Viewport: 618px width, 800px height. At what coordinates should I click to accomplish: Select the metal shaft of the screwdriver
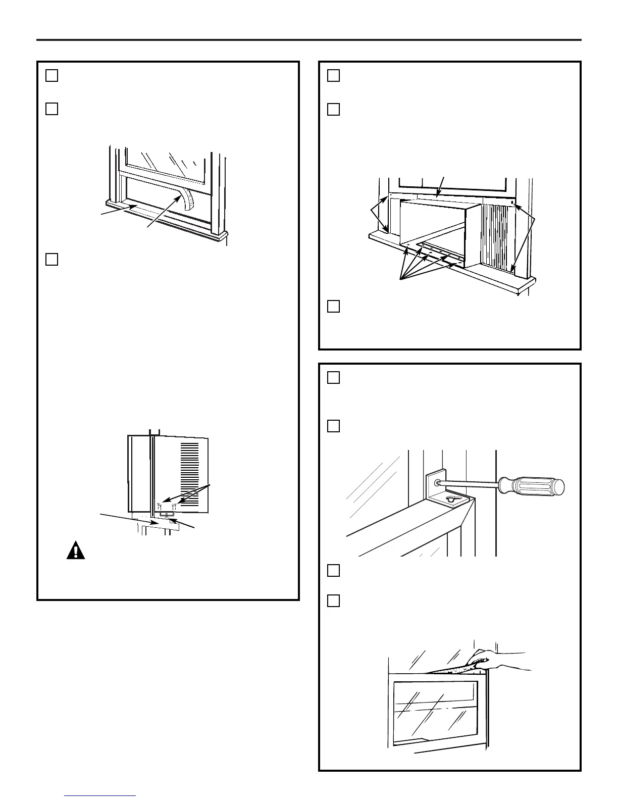pyautogui.click(x=470, y=484)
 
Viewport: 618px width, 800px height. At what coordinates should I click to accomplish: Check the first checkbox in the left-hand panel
pyautogui.click(x=51, y=75)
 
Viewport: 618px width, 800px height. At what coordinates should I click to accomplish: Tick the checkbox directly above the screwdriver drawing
pyautogui.click(x=333, y=426)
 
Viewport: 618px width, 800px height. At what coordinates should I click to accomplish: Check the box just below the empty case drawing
pyautogui.click(x=333, y=306)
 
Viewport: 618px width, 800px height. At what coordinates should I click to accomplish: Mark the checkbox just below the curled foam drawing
pyautogui.click(x=51, y=259)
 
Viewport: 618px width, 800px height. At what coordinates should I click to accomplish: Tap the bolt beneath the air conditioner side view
pyautogui.click(x=167, y=516)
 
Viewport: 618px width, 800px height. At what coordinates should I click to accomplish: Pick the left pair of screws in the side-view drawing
pyautogui.click(x=160, y=505)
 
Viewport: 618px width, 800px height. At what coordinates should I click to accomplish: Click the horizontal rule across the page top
pyautogui.click(x=309, y=40)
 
